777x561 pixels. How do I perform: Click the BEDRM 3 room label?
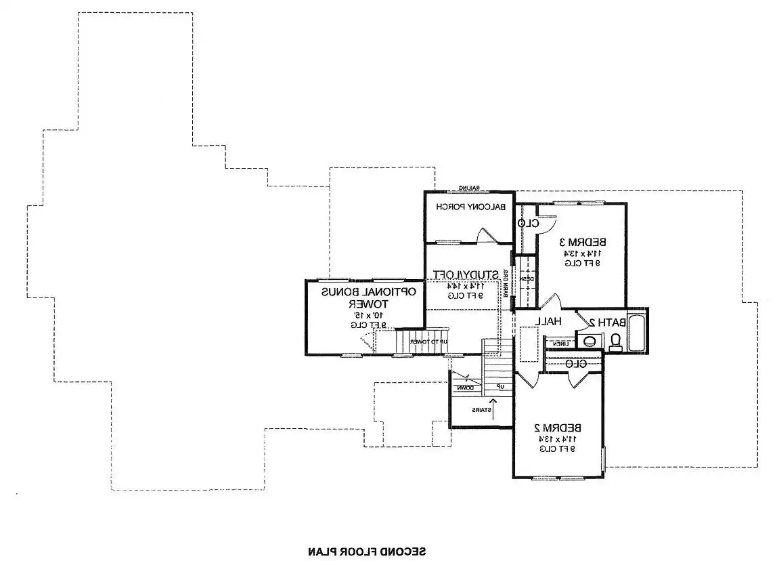click(x=582, y=242)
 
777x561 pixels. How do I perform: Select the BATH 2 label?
click(x=606, y=323)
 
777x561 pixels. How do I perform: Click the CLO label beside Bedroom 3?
click(x=528, y=223)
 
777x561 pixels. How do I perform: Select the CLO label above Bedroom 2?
click(x=575, y=364)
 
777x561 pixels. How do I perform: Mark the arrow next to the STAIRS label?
click(x=493, y=409)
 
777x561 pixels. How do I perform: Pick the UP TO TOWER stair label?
click(x=429, y=341)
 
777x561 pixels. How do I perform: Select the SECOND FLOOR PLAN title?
click(x=367, y=551)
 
